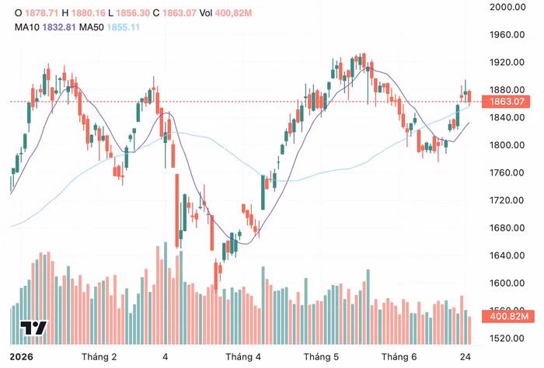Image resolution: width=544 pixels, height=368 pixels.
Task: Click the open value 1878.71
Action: (x=42, y=13)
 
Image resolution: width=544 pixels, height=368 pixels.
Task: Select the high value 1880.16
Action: (x=88, y=13)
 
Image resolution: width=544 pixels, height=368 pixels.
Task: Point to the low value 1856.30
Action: (x=133, y=13)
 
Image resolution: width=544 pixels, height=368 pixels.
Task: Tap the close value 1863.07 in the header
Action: (x=179, y=13)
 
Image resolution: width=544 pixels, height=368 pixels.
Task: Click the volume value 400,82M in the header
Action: (x=233, y=13)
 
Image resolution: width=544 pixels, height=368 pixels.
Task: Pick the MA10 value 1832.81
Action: (x=59, y=27)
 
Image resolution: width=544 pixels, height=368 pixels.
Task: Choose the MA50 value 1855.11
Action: (x=123, y=27)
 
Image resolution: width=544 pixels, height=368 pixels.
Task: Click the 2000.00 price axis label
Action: (x=507, y=7)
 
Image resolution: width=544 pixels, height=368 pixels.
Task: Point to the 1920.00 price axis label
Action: (x=507, y=62)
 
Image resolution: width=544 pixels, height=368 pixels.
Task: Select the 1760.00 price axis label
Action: (x=507, y=172)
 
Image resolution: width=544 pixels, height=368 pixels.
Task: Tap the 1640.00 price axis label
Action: (x=507, y=255)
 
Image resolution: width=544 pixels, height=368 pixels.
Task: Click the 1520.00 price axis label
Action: (x=507, y=338)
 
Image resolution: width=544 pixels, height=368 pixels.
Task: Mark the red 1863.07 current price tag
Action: (x=506, y=102)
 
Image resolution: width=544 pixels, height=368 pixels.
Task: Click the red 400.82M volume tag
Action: (x=508, y=316)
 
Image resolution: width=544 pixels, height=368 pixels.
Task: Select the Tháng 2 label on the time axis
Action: (x=99, y=357)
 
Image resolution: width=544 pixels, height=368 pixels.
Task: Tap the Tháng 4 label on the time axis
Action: (x=243, y=357)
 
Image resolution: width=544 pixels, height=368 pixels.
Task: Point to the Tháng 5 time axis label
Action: (x=321, y=357)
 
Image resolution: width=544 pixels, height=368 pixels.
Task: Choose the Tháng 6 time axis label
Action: (x=399, y=357)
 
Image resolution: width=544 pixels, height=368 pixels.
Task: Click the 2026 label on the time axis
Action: (x=22, y=357)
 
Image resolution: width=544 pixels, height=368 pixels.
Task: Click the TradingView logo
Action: (x=33, y=328)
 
